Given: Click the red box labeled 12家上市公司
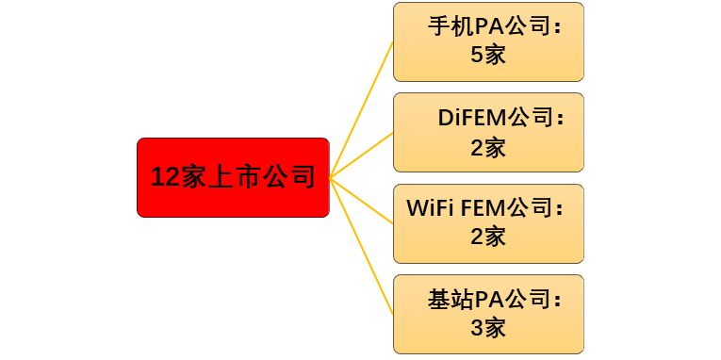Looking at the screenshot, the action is coord(233,177).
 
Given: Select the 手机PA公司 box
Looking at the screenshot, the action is coord(488,41).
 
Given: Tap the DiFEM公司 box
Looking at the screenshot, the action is coord(488,132).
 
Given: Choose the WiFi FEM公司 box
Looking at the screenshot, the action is coord(488,223).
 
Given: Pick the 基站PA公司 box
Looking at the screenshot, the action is coord(488,314).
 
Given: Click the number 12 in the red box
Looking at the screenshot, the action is coord(166,177).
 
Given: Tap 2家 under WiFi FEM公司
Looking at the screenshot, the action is coord(488,237).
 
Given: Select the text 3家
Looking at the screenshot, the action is coord(488,328).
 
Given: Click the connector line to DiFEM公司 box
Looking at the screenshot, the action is coord(363,154).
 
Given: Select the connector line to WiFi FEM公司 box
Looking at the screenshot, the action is coord(363,201).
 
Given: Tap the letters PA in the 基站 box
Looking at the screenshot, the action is coord(486,301).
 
